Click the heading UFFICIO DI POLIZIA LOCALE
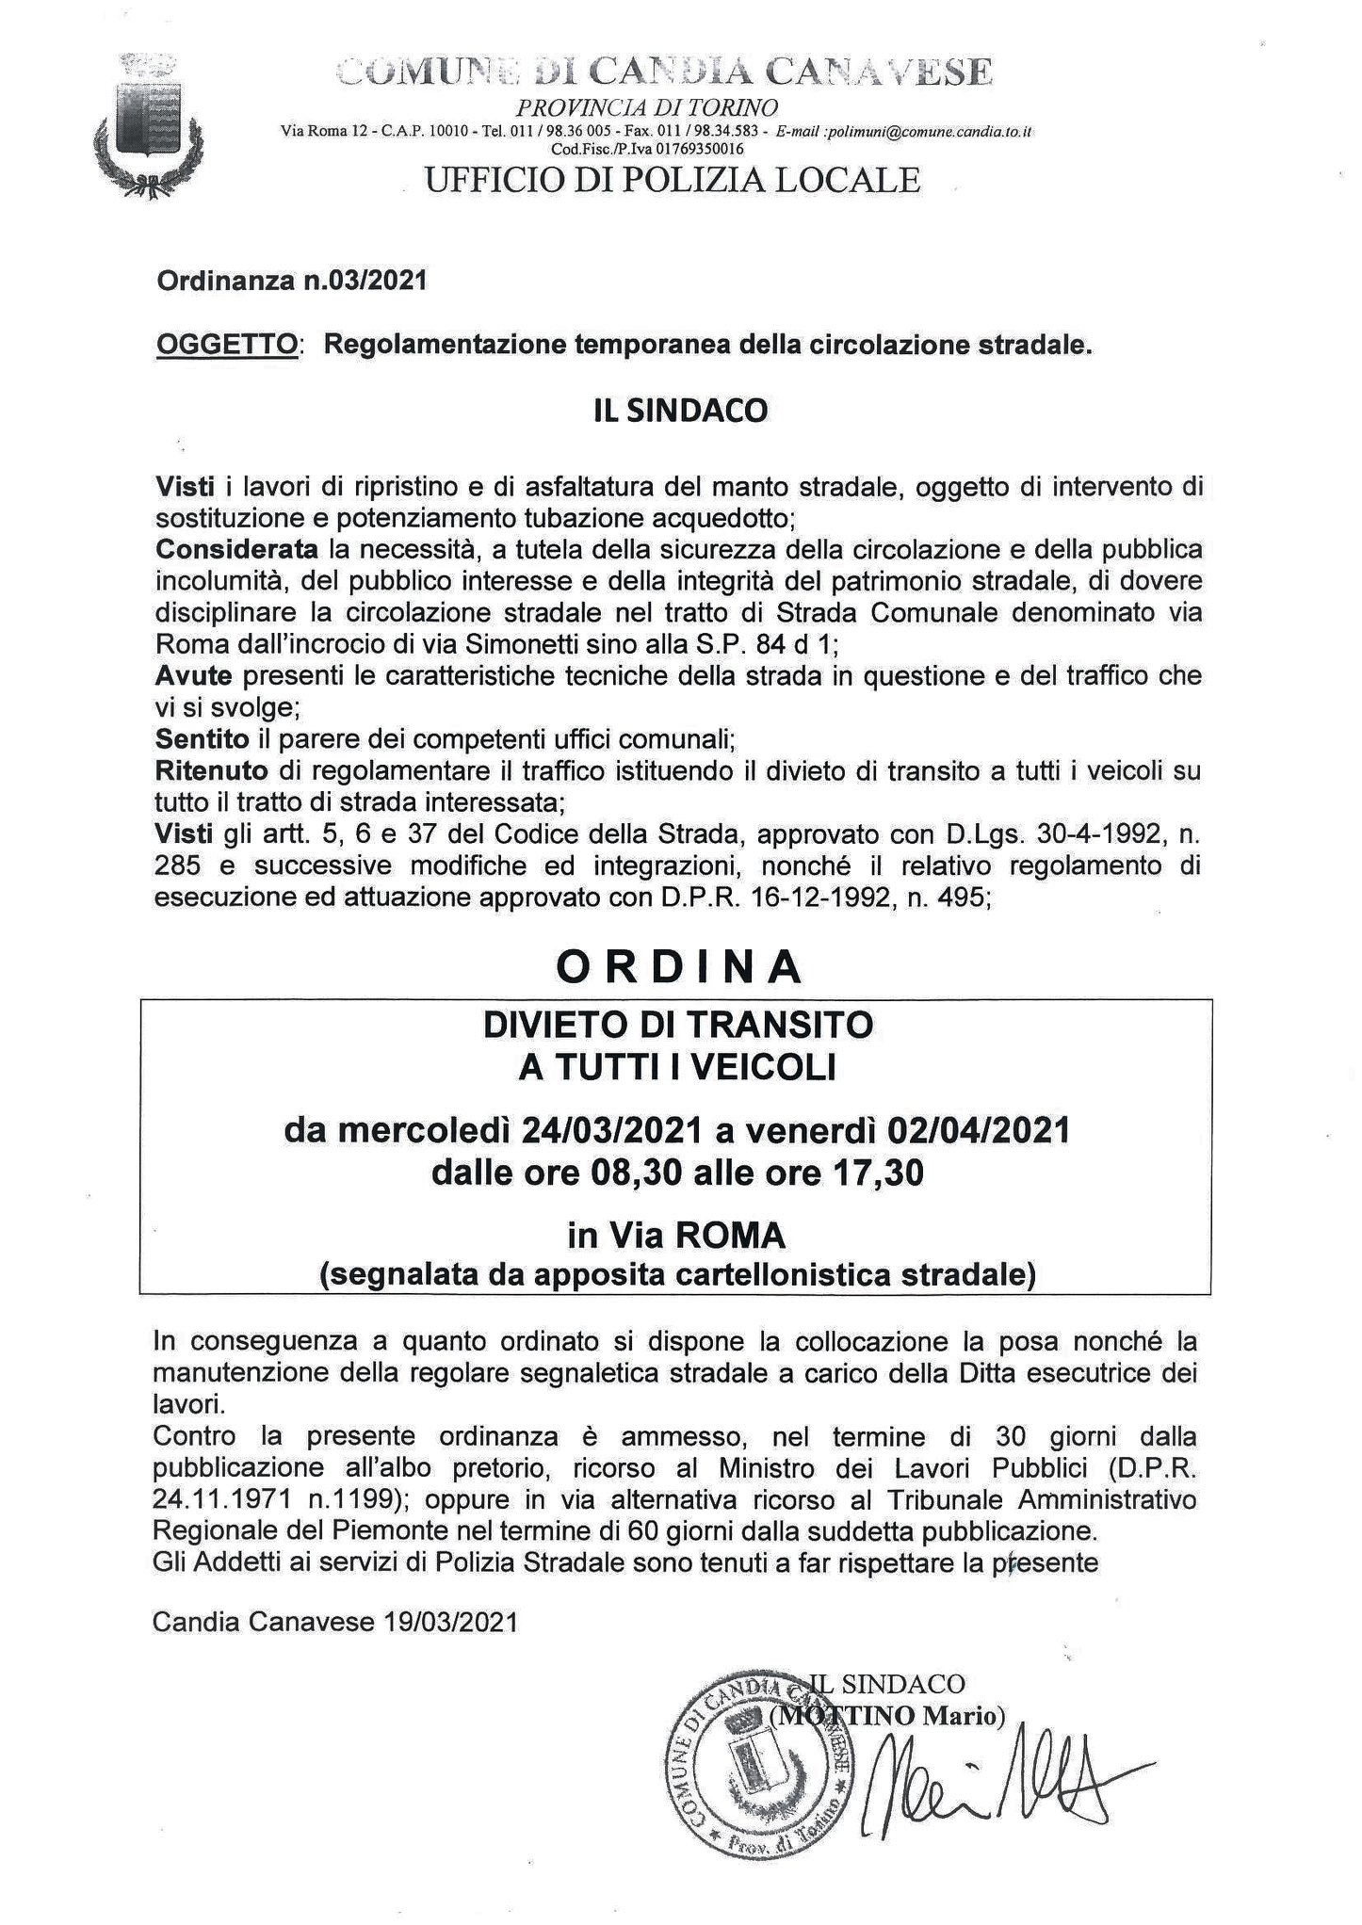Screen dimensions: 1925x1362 click(x=673, y=179)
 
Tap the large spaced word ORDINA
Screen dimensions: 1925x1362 click(x=679, y=966)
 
